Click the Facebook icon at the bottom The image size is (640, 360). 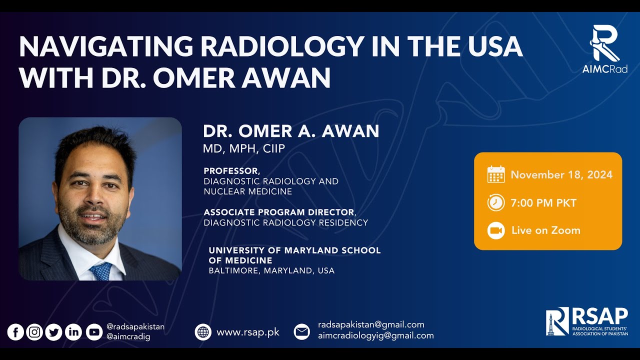pos(15,332)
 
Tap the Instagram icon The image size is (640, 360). pos(34,332)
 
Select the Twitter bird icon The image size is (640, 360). pos(54,332)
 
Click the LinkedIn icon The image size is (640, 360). pos(73,332)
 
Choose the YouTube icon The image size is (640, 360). pos(93,332)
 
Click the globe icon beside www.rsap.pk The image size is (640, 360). pos(203,332)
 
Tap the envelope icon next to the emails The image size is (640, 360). pos(301,332)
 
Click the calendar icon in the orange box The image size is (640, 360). pos(496,174)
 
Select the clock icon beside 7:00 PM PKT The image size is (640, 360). pos(496,203)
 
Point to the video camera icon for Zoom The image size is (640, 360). pos(496,230)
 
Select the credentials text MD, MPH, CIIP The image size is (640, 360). pos(244,148)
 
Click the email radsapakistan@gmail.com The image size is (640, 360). pos(371,324)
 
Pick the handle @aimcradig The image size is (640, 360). pos(128,337)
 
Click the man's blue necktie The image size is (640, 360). pos(102,270)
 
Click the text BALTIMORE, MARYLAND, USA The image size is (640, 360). pos(271,270)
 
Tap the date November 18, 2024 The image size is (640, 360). pos(561,174)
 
